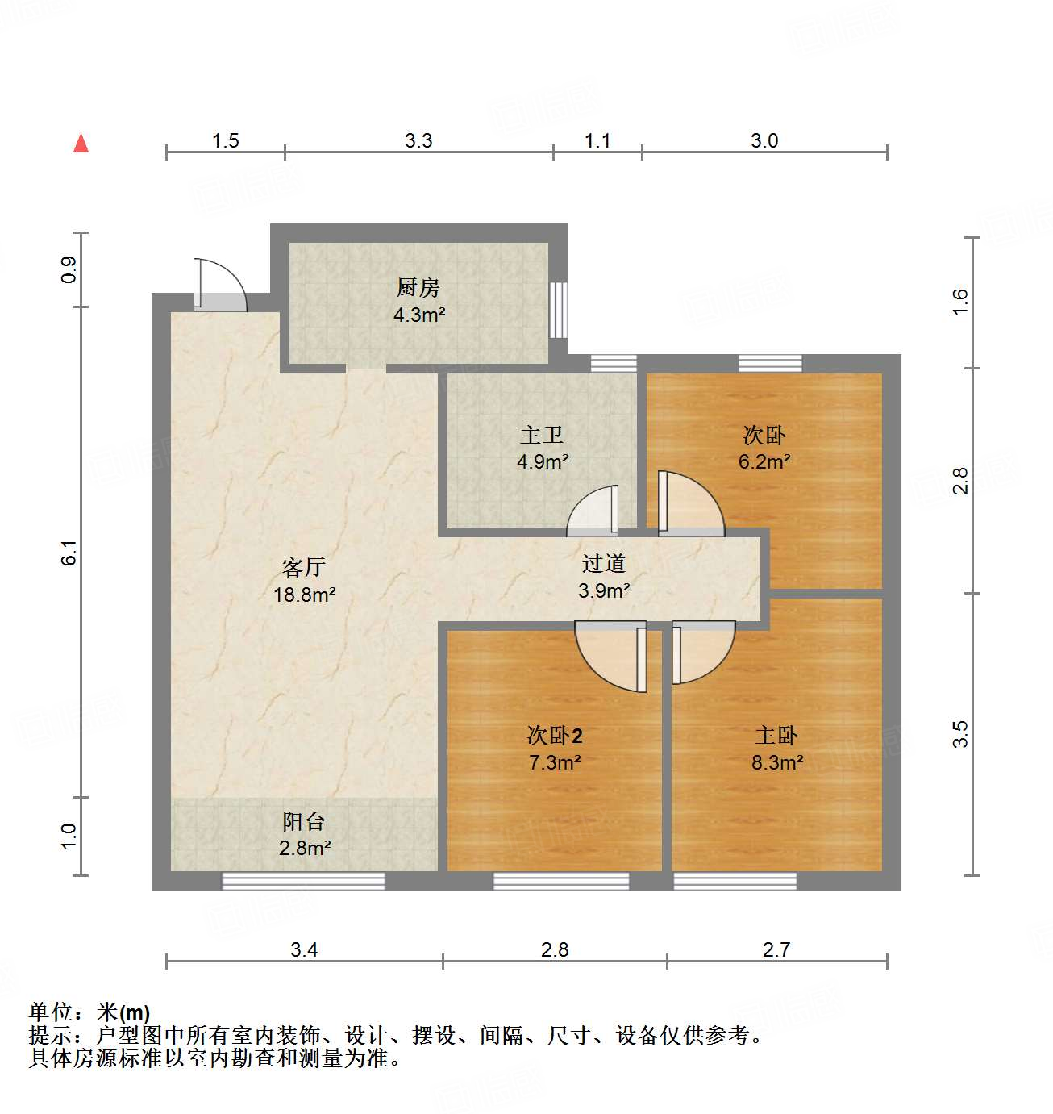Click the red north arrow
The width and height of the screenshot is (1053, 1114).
click(x=81, y=143)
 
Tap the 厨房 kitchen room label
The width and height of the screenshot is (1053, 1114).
click(x=418, y=287)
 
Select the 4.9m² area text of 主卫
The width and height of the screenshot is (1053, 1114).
click(x=543, y=462)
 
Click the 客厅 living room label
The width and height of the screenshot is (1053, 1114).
click(x=303, y=567)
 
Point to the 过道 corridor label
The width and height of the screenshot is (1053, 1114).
click(x=604, y=563)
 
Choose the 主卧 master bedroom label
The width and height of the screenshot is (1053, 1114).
click(x=776, y=735)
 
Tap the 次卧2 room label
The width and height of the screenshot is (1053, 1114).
click(x=555, y=735)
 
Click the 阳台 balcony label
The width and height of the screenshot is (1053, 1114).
click(x=303, y=821)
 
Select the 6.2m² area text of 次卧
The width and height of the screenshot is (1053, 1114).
click(x=764, y=462)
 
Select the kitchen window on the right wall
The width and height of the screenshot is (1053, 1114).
click(x=558, y=309)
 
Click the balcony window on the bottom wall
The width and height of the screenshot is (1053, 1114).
click(x=303, y=881)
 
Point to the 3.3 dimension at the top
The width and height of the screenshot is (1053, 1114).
click(x=418, y=140)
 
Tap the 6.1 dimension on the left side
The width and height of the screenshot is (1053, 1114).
click(x=70, y=552)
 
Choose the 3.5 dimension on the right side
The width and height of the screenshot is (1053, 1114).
click(x=959, y=734)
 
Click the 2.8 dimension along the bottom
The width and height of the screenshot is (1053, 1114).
click(x=555, y=949)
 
